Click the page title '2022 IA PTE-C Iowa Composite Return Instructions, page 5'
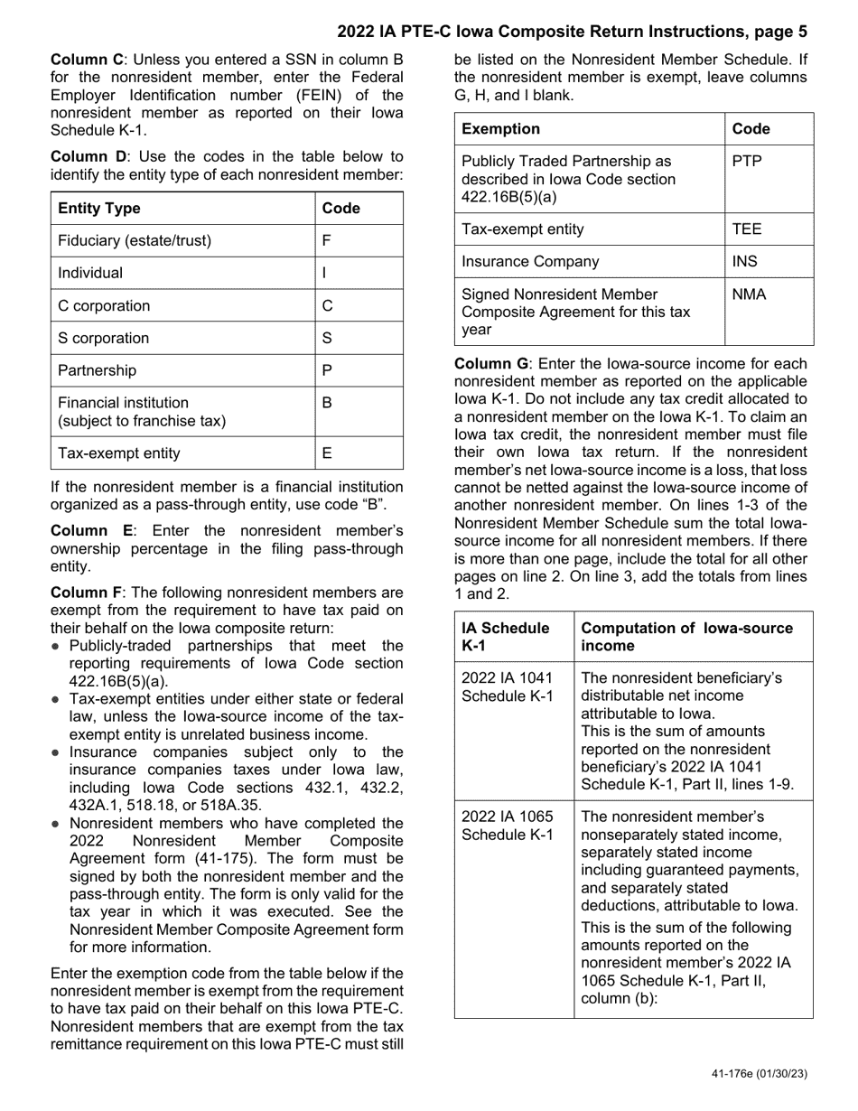pos(573,32)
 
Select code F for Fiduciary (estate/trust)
pos(326,241)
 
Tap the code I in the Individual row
pos(324,274)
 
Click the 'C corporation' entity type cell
pos(104,306)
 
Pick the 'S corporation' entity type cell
pos(104,339)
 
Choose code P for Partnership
pos(327,371)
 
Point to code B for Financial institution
pos(327,403)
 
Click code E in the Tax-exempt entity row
pos(327,453)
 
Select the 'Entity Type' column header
pos(99,209)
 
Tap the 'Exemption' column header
pos(500,129)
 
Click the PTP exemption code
pos(747,162)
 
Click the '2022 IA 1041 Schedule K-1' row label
pos(507,686)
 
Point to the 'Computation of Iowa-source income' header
pos(686,637)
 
